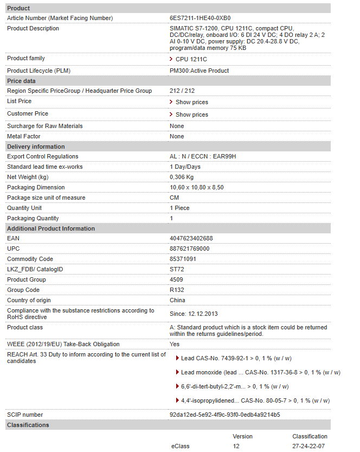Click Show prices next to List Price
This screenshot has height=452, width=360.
(191, 102)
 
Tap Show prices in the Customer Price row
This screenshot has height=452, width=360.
(191, 114)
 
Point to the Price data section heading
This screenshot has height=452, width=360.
(21, 81)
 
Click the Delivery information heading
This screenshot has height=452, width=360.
(36, 147)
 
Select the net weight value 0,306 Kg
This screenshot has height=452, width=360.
(182, 177)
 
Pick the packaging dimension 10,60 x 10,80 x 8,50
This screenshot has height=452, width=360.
(196, 187)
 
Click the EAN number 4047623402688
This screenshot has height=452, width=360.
(191, 238)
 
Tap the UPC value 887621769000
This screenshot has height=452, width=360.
(189, 249)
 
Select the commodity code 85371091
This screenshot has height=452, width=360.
(183, 259)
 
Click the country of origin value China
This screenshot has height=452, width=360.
(177, 300)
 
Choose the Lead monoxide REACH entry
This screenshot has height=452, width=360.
(258, 372)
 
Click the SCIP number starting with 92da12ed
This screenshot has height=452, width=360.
(224, 415)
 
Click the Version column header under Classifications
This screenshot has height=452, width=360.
(242, 436)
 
